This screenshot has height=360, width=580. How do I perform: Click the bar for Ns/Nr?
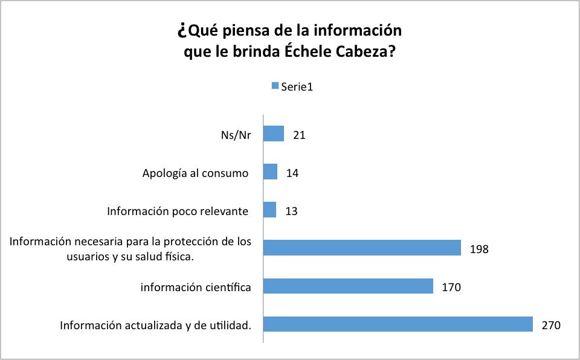coord(274,133)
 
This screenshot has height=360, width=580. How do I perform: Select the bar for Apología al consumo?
coord(271,172)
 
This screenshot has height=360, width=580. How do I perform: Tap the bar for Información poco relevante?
coord(270,210)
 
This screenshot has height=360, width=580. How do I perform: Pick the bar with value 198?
coord(362,248)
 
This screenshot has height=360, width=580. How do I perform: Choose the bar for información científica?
coord(349,286)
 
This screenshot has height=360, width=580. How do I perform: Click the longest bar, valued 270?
coord(398,324)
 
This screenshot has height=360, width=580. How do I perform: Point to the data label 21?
coord(298,135)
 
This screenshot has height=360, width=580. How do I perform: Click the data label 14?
coord(292,173)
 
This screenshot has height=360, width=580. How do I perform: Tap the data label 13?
coord(291,211)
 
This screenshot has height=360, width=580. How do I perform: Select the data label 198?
coord(479,249)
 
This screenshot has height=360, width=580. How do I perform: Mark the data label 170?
coord(451,288)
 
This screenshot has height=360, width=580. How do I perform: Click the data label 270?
coord(551,326)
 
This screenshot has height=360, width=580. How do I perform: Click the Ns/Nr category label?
coord(236,135)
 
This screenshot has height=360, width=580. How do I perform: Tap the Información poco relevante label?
coord(178,211)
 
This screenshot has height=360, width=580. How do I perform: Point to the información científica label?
coord(196,288)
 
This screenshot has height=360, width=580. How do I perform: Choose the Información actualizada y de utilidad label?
coord(155,326)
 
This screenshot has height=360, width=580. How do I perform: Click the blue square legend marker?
coord(275,85)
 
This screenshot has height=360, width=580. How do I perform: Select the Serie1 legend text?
coord(297,86)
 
